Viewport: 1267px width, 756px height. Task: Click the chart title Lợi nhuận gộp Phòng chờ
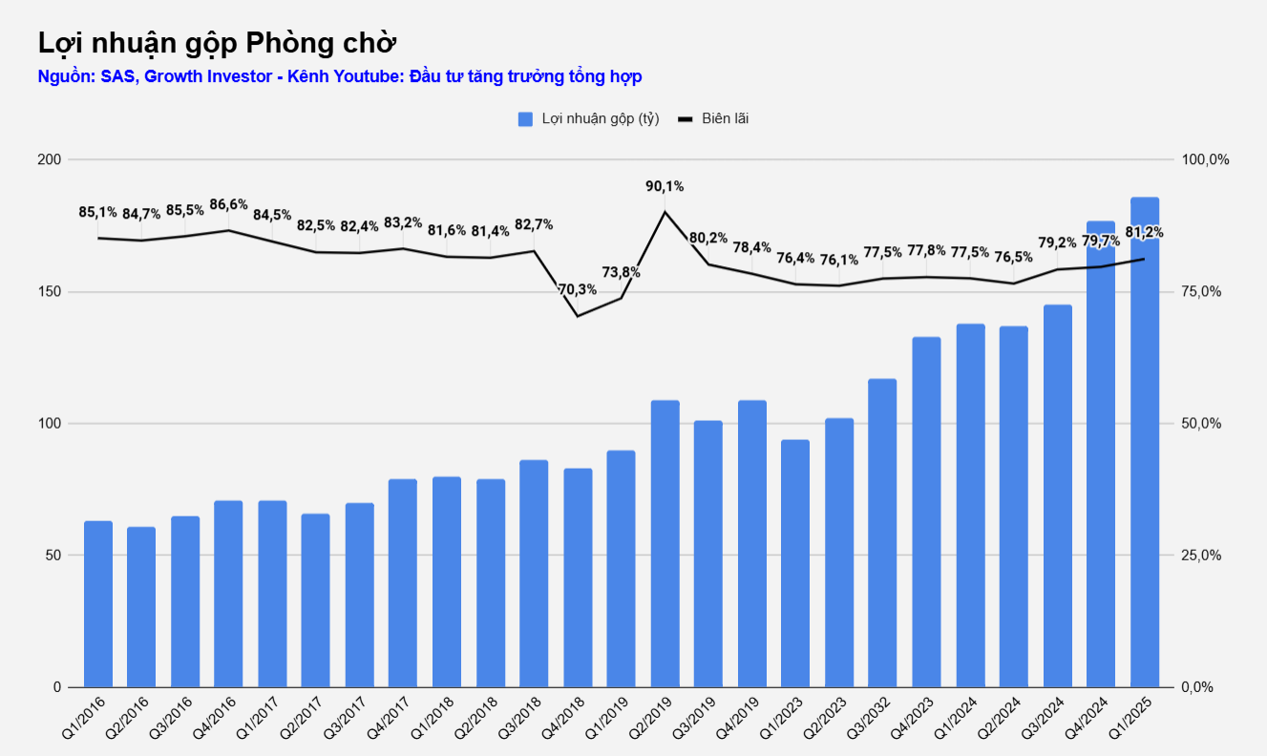217,43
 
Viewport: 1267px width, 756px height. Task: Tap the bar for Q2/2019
665,543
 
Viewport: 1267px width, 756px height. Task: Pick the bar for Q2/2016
141,607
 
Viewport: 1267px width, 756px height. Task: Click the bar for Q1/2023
795,563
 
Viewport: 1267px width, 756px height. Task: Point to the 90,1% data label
665,186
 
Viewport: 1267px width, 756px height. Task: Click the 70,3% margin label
578,289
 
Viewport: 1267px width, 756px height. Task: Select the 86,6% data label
228,204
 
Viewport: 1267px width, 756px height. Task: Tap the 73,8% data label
622,272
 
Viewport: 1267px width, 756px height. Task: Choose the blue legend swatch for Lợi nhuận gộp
525,118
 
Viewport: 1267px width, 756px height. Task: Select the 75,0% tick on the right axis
1201,291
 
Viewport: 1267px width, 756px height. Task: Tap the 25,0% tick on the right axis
1201,556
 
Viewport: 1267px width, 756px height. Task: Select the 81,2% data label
1145,233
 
